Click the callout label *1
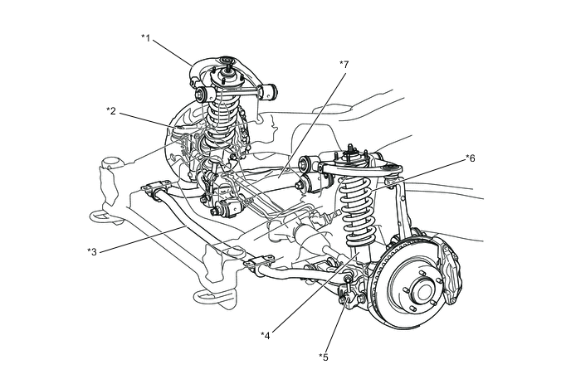[x=146, y=37]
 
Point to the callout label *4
[x=265, y=335]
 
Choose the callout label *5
[x=323, y=357]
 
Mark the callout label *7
[x=344, y=64]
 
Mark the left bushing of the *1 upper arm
[x=200, y=95]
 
